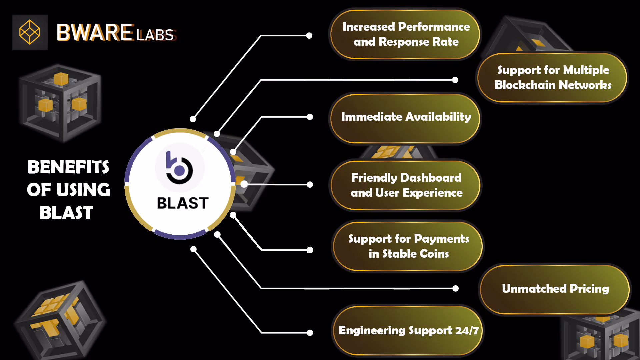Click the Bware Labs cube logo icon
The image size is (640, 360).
click(30, 32)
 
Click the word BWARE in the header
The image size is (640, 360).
click(95, 33)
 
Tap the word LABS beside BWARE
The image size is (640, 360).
click(155, 35)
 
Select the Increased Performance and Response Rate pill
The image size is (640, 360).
click(405, 34)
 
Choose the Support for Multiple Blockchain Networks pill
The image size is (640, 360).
click(552, 77)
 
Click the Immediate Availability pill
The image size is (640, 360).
click(405, 117)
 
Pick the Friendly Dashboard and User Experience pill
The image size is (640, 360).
click(406, 185)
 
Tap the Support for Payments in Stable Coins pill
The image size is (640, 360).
click(408, 246)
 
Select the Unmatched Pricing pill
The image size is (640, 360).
click(555, 289)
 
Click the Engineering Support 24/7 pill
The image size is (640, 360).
click(408, 330)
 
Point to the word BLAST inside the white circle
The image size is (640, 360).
click(183, 203)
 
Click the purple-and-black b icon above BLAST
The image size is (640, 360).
click(180, 168)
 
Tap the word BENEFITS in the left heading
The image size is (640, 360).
click(68, 167)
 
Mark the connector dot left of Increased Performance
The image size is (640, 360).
click(309, 35)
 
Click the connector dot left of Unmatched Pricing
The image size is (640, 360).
click(455, 289)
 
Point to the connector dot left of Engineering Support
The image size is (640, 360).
click(310, 332)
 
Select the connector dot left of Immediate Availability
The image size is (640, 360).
click(310, 117)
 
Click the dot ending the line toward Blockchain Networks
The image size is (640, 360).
click(455, 80)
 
